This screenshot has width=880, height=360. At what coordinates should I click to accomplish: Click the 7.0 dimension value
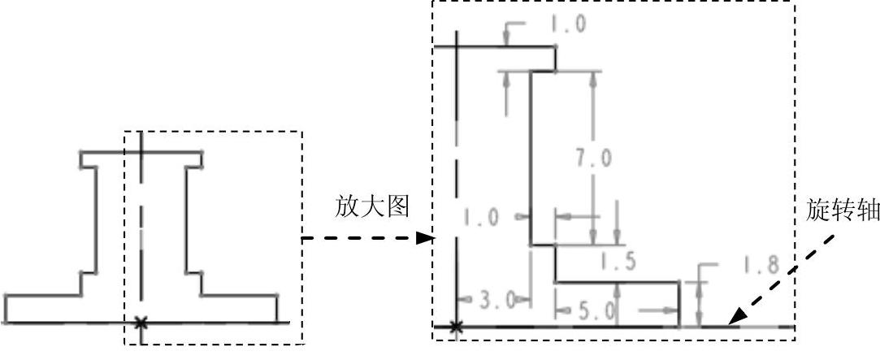coord(594,158)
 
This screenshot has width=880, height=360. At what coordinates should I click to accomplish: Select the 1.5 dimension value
coord(617,262)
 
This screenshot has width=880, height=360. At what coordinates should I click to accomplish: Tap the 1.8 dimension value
coord(761,265)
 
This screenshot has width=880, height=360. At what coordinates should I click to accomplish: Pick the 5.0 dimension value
coord(595,310)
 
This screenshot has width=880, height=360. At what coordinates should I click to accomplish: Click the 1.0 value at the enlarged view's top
coord(567,24)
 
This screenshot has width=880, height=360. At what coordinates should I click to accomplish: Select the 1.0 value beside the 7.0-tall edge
coord(482,217)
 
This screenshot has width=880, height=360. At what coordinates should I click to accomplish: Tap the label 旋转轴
coord(842,210)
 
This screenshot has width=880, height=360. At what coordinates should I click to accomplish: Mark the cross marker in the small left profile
coord(141,323)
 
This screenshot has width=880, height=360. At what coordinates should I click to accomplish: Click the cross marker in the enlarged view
coord(457,327)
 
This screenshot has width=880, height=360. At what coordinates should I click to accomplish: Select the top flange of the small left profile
coord(141,152)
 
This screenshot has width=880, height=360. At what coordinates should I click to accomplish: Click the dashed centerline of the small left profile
coord(141,236)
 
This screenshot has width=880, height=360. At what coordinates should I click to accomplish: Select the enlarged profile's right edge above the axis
coord(678,302)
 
